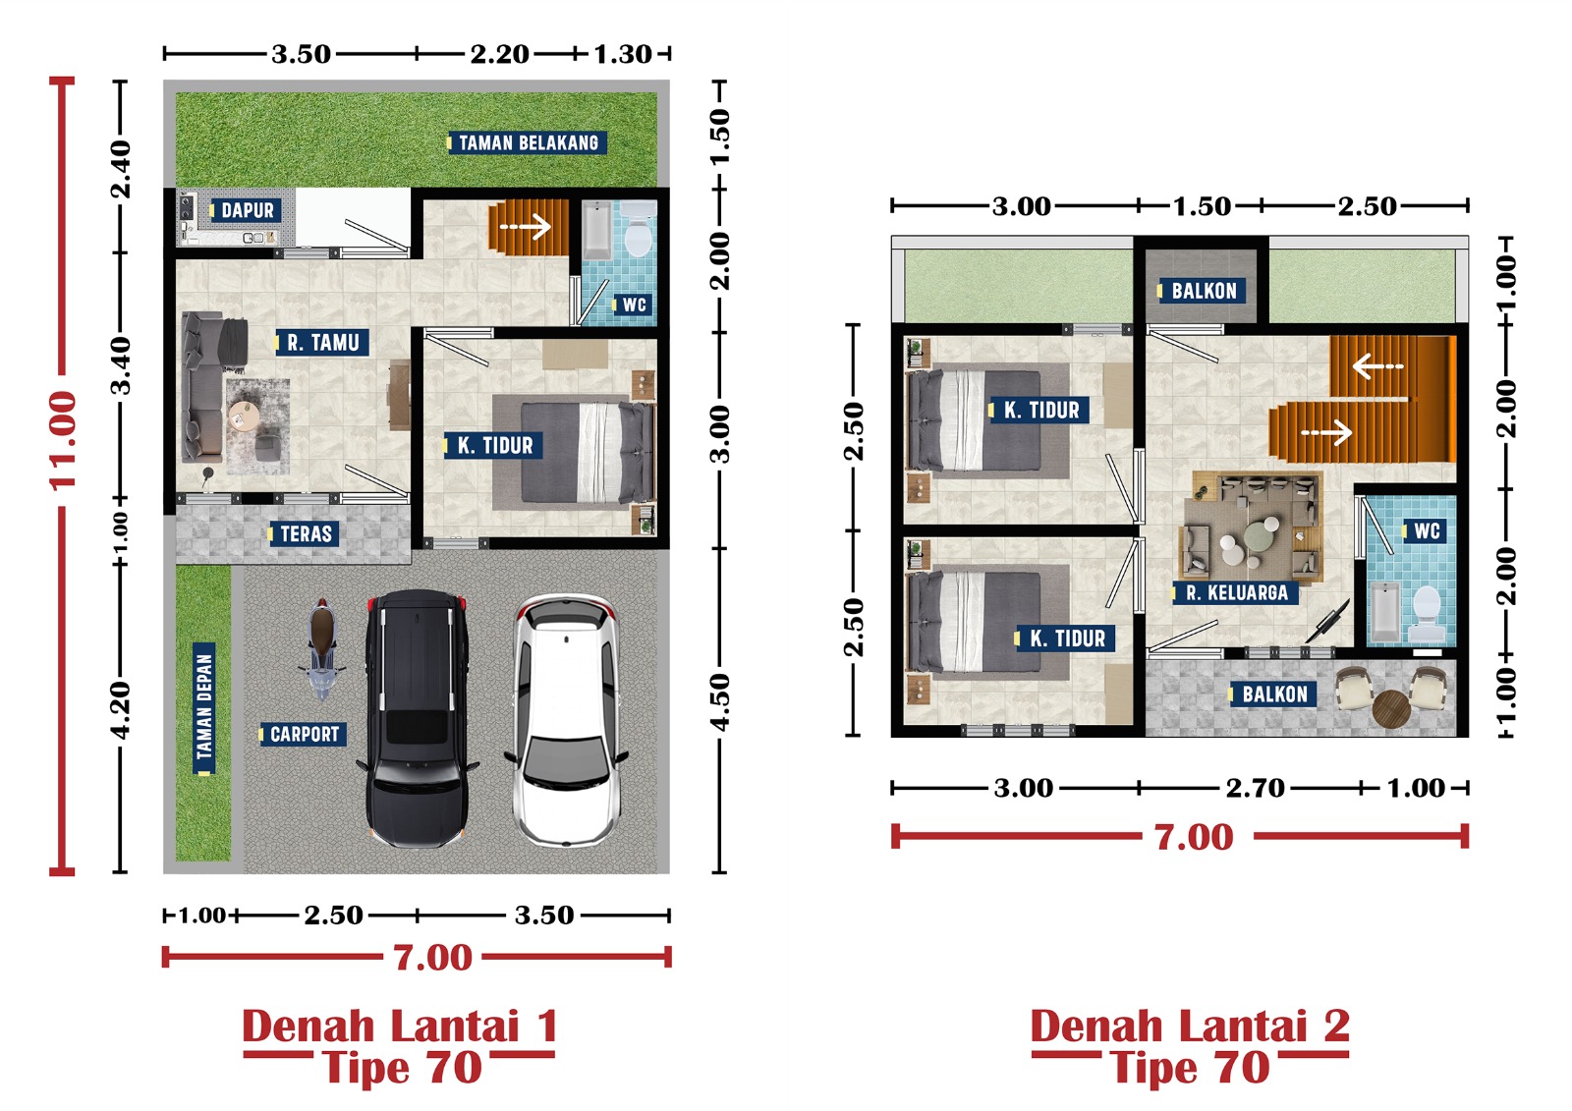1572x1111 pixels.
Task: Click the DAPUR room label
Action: click(x=246, y=210)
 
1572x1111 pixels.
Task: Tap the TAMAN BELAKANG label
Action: click(x=527, y=143)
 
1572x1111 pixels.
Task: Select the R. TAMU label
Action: click(x=322, y=343)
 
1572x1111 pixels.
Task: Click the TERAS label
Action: click(x=304, y=534)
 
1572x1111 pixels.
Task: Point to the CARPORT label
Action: click(x=304, y=734)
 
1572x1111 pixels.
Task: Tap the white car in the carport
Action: click(x=566, y=719)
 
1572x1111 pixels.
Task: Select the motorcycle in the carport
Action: click(x=321, y=649)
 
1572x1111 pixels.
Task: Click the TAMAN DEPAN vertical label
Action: click(x=204, y=708)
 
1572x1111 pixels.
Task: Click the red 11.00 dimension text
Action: click(x=63, y=440)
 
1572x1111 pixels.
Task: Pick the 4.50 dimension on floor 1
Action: click(x=720, y=701)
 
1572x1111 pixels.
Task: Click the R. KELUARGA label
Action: click(x=1235, y=593)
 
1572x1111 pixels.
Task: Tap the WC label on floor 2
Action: click(x=1424, y=530)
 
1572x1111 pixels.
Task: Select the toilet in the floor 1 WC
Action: click(x=639, y=229)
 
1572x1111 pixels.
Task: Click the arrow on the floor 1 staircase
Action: click(x=526, y=227)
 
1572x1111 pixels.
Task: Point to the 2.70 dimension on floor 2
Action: click(x=1255, y=788)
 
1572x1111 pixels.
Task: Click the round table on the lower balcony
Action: click(x=1391, y=709)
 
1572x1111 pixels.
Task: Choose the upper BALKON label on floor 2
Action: click(x=1202, y=291)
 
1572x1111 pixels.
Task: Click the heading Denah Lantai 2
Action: click(x=1190, y=1026)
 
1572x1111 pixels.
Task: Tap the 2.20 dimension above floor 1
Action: click(x=499, y=54)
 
